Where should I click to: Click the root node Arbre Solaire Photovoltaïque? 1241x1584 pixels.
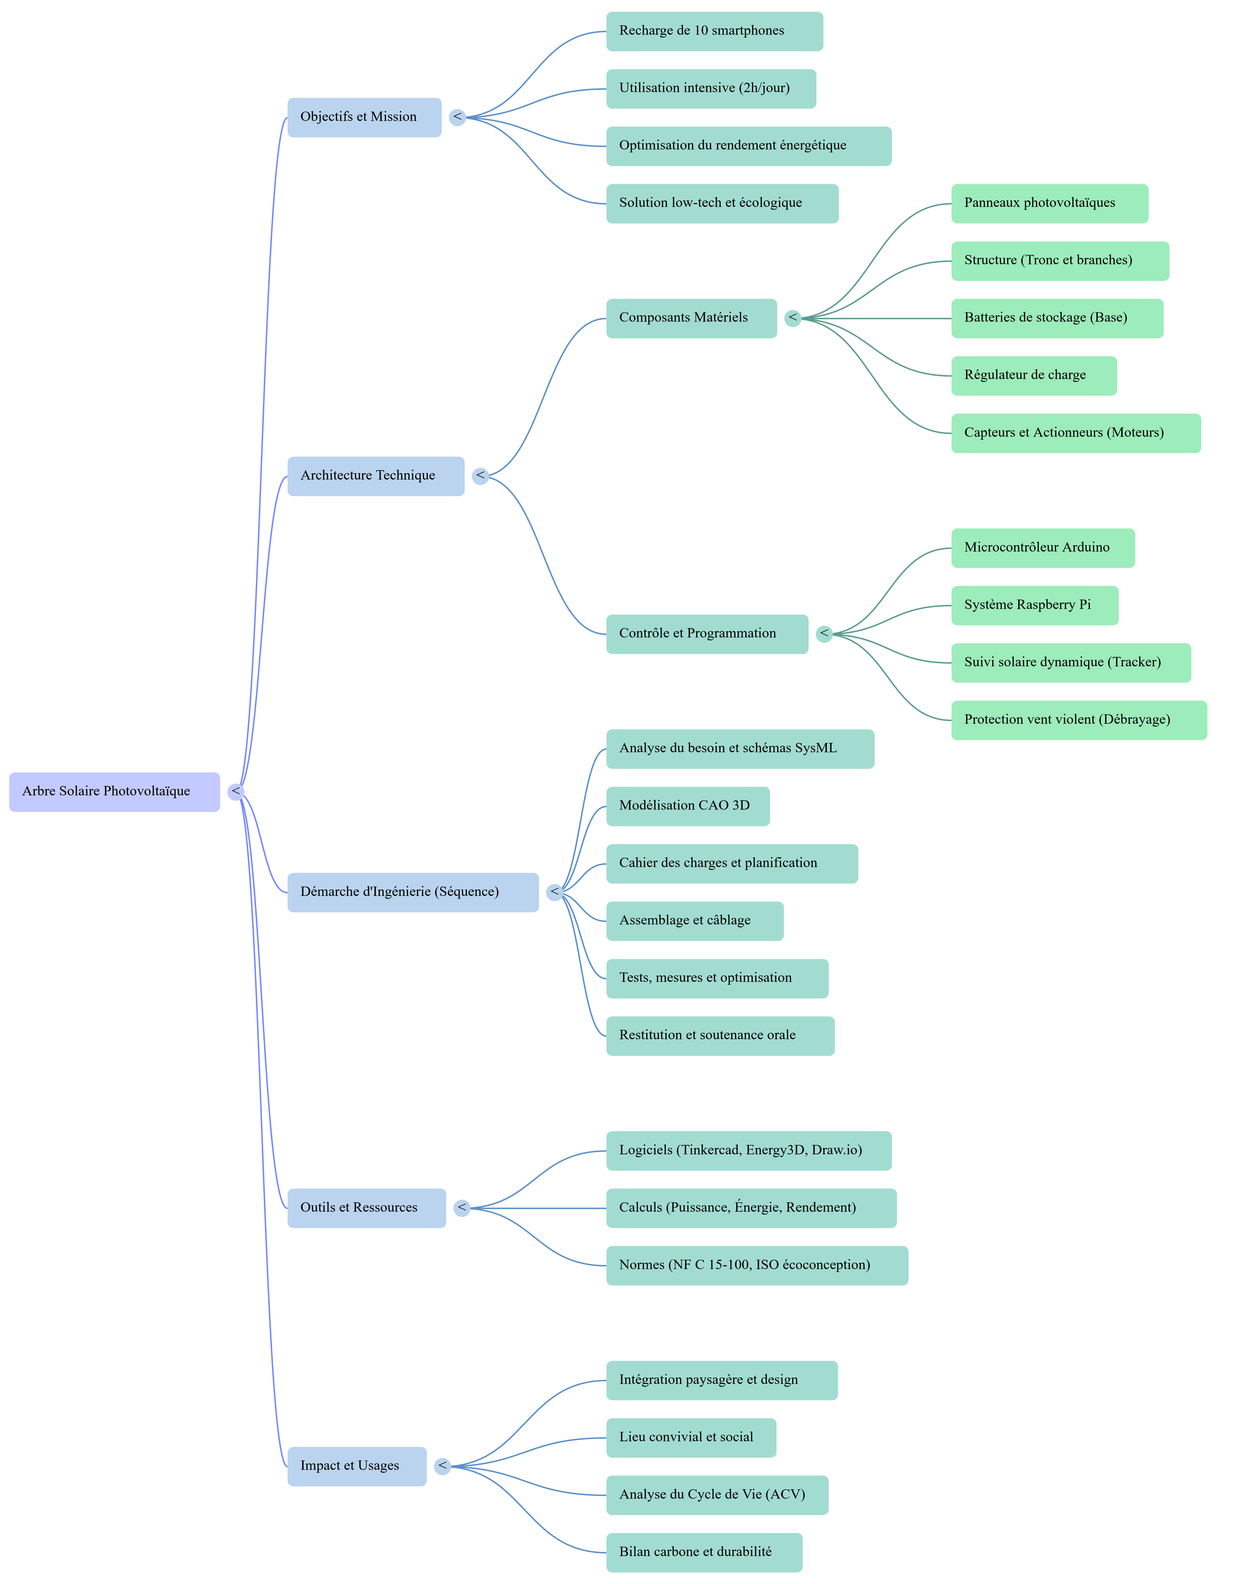114,791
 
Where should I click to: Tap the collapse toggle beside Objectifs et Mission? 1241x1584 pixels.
457,117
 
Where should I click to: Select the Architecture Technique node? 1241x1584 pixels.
376,476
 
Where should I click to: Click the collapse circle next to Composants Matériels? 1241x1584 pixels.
793,318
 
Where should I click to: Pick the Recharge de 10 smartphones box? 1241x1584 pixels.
714,31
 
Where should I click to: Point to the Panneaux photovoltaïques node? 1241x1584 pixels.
1049,203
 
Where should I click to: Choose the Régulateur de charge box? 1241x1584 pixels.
1033,376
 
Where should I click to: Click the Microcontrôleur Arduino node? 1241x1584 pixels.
1043,548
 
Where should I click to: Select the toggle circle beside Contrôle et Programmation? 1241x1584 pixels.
824,634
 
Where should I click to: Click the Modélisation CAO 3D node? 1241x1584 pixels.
687,806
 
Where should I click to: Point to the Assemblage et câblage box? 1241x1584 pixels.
695,921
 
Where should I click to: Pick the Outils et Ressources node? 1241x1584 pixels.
366,1208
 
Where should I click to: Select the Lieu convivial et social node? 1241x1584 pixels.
691,1437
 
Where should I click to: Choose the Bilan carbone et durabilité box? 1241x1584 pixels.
704,1552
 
